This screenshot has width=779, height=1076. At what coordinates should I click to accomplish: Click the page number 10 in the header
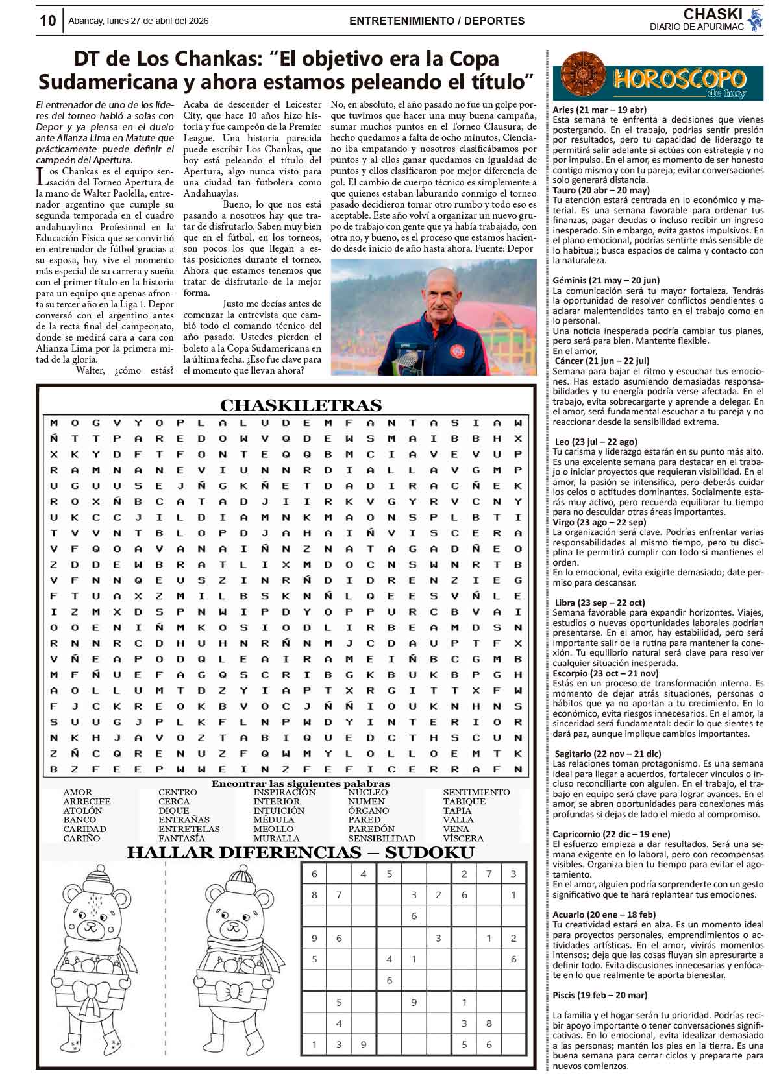47,21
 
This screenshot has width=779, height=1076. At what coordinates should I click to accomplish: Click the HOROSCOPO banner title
680,80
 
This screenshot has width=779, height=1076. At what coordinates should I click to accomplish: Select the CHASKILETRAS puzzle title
301,405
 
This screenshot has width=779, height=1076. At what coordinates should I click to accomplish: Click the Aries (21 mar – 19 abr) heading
599,110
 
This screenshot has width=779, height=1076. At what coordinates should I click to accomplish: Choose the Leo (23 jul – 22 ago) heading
596,442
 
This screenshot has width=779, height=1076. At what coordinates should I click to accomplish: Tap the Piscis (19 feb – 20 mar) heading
600,995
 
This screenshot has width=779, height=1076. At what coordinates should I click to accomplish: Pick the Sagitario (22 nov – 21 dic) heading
608,754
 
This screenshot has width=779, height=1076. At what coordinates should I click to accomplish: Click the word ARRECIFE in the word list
86,802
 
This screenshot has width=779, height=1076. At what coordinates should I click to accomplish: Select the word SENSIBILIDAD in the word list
381,838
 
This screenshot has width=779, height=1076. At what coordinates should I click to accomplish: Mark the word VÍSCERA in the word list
463,838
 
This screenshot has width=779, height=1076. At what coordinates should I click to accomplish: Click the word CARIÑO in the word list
81,838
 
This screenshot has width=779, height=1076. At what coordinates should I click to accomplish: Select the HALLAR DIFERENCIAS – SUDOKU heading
301,852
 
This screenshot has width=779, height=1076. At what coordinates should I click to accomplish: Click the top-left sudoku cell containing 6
315,874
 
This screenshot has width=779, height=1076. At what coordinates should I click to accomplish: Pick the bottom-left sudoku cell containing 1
315,1044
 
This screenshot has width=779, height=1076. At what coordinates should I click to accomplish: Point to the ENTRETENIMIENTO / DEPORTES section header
436,21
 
